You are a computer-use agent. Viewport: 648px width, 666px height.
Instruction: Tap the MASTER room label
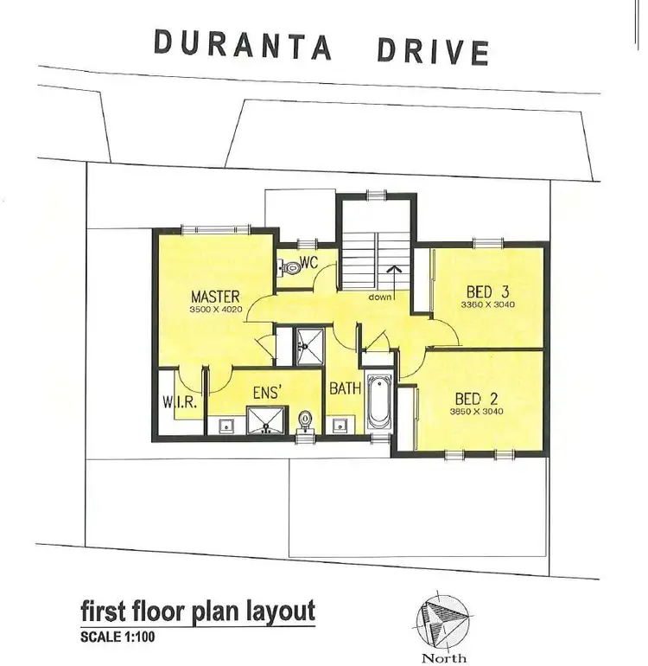pyautogui.click(x=215, y=295)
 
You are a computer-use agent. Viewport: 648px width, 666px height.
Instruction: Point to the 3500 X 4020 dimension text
pyautogui.click(x=215, y=309)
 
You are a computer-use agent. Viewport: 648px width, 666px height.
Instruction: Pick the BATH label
pyautogui.click(x=344, y=388)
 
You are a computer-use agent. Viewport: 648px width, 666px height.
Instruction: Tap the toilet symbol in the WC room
pyautogui.click(x=291, y=268)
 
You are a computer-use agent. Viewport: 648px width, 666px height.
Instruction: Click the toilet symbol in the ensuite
pyautogui.click(x=304, y=421)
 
